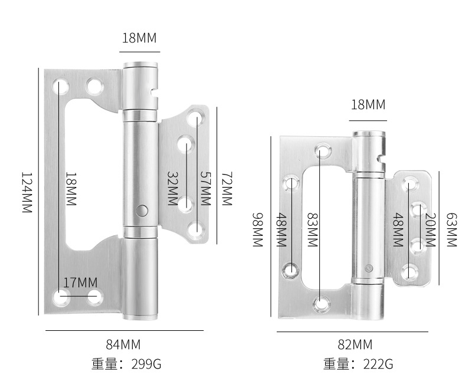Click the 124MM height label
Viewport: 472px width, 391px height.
pos(27,193)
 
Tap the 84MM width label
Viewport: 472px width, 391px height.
pos(123,344)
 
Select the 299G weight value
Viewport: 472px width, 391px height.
pos(146,364)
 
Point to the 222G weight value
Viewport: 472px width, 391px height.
pos(378,364)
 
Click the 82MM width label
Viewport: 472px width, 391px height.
pos(355,344)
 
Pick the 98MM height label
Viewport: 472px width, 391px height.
pos(258,230)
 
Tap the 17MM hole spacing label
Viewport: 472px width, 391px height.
pos(80,282)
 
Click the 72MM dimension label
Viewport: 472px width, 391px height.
pos(227,189)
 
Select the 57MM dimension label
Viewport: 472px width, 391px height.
pos(206,189)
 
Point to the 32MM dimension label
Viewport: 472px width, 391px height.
pos(172,189)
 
